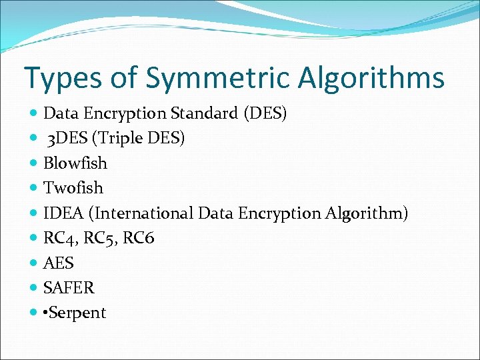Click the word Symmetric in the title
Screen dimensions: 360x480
(217, 78)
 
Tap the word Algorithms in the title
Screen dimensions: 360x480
(371, 78)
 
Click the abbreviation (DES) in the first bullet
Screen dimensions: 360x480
(265, 113)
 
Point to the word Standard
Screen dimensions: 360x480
(206, 113)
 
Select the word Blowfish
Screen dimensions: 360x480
(75, 163)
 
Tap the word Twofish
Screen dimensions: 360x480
(73, 188)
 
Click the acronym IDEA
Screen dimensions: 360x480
(65, 213)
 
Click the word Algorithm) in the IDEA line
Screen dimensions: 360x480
(367, 213)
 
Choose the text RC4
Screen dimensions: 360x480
(59, 238)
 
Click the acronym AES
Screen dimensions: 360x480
(59, 263)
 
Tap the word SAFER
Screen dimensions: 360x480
(69, 288)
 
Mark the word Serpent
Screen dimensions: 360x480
(77, 313)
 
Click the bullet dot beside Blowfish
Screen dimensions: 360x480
(34, 163)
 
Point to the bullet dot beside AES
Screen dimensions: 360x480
(34, 263)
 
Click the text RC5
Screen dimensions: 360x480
(99, 238)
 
